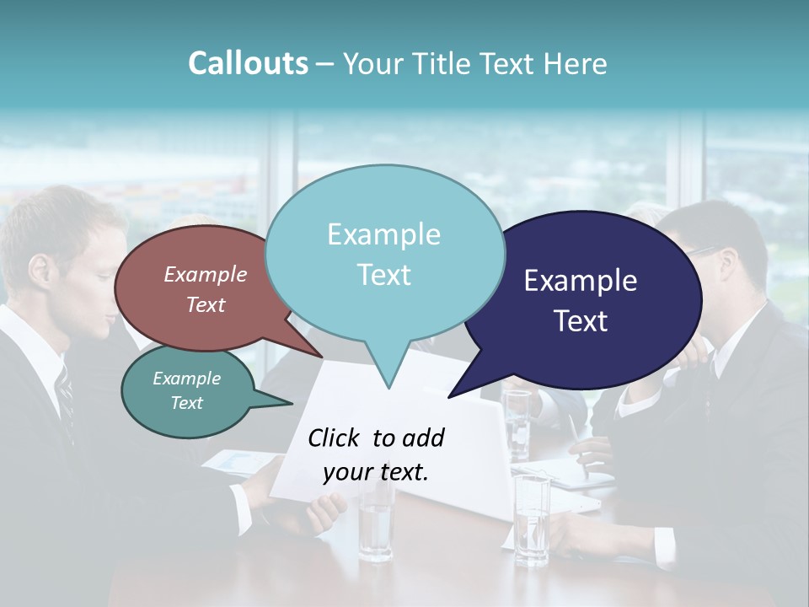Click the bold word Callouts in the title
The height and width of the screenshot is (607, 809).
(248, 63)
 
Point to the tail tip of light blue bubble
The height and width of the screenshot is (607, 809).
(388, 387)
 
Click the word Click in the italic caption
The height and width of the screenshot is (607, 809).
(335, 438)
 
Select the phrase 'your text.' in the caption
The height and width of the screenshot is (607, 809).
(376, 472)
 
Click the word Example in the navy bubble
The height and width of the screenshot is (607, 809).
(581, 281)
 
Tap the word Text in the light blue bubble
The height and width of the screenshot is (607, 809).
(384, 275)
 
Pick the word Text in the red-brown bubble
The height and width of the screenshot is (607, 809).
(206, 305)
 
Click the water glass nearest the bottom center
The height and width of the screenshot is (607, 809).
(374, 523)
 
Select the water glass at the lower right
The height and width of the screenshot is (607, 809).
(532, 518)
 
